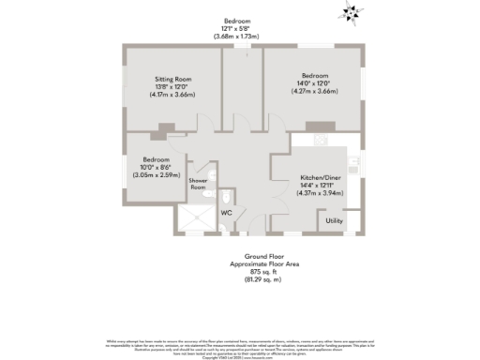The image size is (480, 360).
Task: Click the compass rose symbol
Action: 352,13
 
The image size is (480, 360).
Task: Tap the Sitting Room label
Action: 172,80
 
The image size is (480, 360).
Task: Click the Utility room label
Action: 334,221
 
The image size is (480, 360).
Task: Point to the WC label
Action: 226,213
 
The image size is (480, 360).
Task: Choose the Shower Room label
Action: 198,184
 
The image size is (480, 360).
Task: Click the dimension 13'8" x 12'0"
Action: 172,87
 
